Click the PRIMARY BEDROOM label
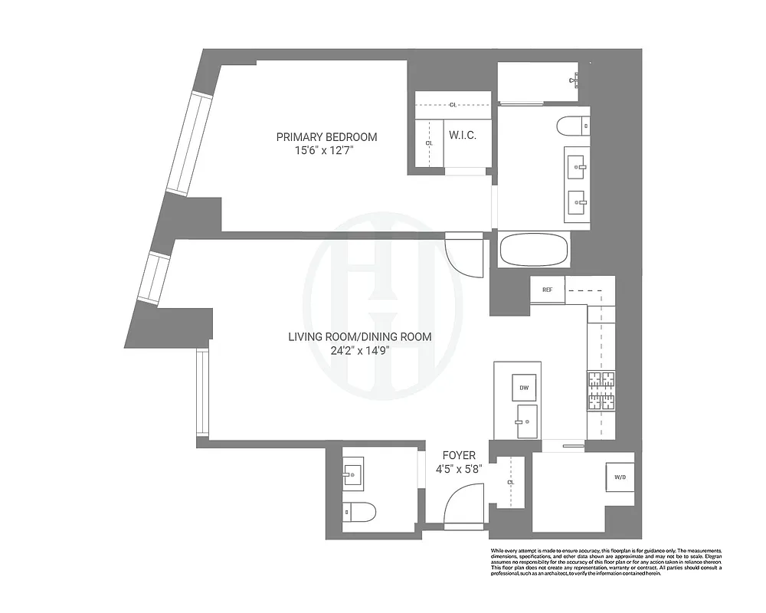[326, 137]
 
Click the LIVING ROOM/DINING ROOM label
[359, 336]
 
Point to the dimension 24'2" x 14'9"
[359, 351]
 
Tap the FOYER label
[459, 455]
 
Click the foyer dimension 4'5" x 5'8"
[459, 469]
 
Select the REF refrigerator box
[548, 290]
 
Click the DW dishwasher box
[525, 388]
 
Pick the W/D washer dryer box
[619, 477]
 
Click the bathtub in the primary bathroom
[533, 250]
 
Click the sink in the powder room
[354, 474]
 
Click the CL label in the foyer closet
[510, 482]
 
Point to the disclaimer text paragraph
[605, 562]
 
